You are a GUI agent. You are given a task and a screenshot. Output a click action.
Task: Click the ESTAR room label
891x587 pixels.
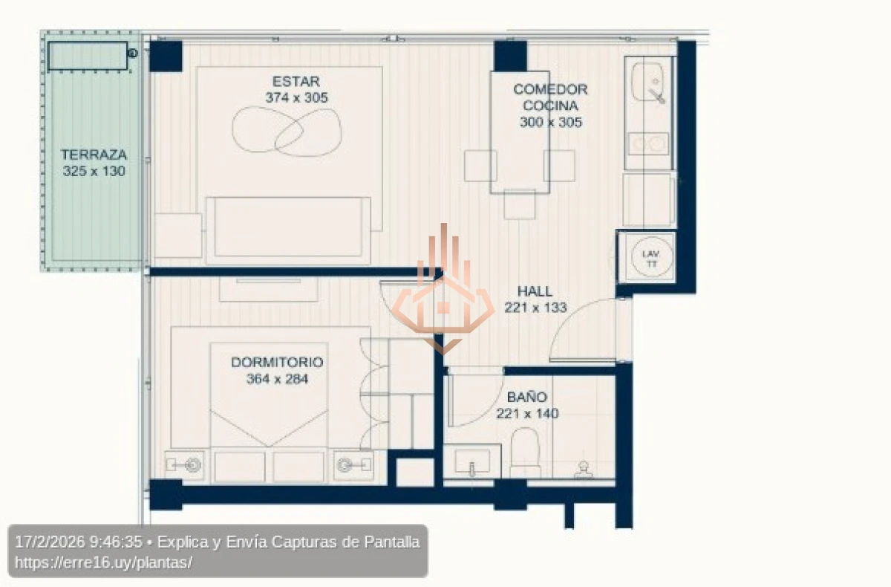(296, 82)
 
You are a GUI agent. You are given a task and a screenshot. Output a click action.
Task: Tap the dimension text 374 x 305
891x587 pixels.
(296, 97)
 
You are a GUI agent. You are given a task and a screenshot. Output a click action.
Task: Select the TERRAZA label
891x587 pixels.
(94, 155)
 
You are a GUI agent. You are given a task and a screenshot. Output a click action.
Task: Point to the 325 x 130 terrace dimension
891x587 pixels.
(94, 171)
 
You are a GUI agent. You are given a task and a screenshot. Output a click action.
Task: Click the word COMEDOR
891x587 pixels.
(550, 89)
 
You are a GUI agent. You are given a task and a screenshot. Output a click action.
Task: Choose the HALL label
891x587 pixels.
(535, 291)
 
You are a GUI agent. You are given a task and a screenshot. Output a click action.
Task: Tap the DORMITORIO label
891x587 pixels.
(277, 363)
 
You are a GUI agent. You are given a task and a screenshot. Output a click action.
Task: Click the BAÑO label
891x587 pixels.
(527, 398)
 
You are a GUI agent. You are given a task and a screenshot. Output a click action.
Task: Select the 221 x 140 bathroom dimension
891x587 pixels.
(527, 413)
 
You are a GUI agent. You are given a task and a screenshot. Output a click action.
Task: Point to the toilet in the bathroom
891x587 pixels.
(526, 450)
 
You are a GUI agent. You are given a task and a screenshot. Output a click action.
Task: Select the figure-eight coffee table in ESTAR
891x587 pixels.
(288, 131)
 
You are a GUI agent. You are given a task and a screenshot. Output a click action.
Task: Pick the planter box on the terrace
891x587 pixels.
(88, 55)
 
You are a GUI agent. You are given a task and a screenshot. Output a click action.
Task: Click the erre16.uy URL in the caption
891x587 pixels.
(103, 562)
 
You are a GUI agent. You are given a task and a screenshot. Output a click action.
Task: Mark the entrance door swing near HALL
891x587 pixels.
(587, 331)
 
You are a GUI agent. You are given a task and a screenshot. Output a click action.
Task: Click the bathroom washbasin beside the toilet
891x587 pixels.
(471, 461)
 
